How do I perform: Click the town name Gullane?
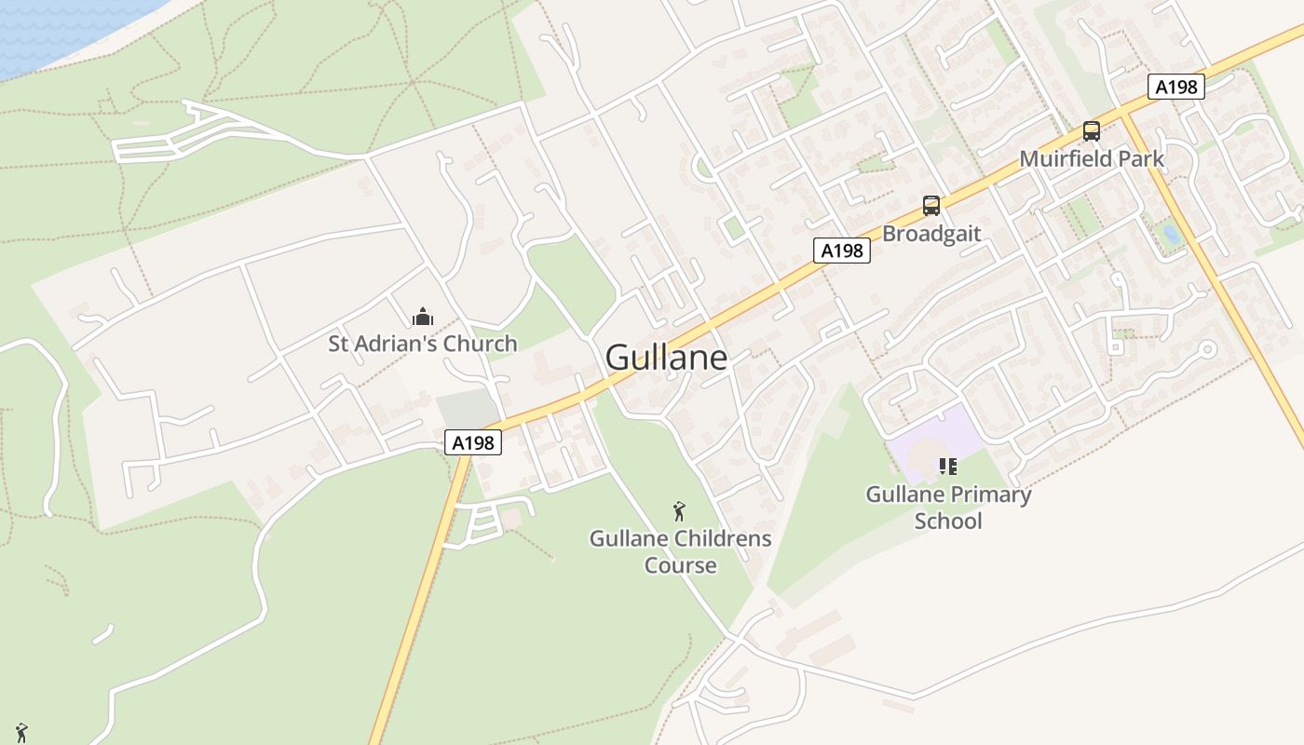666,358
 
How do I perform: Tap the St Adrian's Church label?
422,344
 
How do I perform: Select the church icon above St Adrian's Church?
423,317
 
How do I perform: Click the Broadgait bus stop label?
931,234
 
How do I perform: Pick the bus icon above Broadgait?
931,206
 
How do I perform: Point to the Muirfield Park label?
1092,159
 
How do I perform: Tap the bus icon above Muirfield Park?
1092,131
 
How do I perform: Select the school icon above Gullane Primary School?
948,466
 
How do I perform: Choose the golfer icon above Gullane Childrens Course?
680,510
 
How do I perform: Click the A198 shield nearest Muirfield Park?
1176,87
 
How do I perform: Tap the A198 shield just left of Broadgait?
841,250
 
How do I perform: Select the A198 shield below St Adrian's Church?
473,442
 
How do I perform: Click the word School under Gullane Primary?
948,521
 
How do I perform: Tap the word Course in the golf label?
681,565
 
